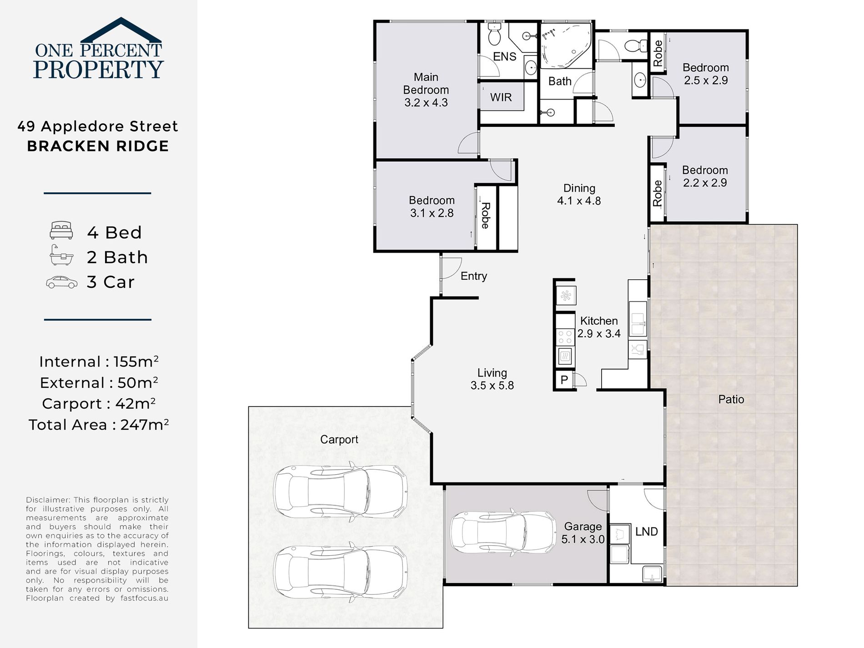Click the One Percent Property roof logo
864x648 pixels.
click(x=121, y=30)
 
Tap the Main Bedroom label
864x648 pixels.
click(x=426, y=90)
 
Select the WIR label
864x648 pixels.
click(x=501, y=97)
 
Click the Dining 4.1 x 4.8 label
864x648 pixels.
click(x=579, y=194)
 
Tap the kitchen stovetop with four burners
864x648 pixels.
click(x=565, y=337)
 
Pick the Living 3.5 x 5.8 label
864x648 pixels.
click(x=492, y=379)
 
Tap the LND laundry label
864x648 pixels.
click(x=646, y=532)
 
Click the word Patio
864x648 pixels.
click(x=731, y=399)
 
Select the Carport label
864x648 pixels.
click(x=339, y=439)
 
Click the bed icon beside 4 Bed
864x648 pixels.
click(x=61, y=231)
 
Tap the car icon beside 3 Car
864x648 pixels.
click(x=62, y=282)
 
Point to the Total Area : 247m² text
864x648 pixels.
click(x=99, y=425)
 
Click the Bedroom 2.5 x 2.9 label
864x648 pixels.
click(x=705, y=74)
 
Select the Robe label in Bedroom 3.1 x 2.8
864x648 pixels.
click(x=485, y=216)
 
